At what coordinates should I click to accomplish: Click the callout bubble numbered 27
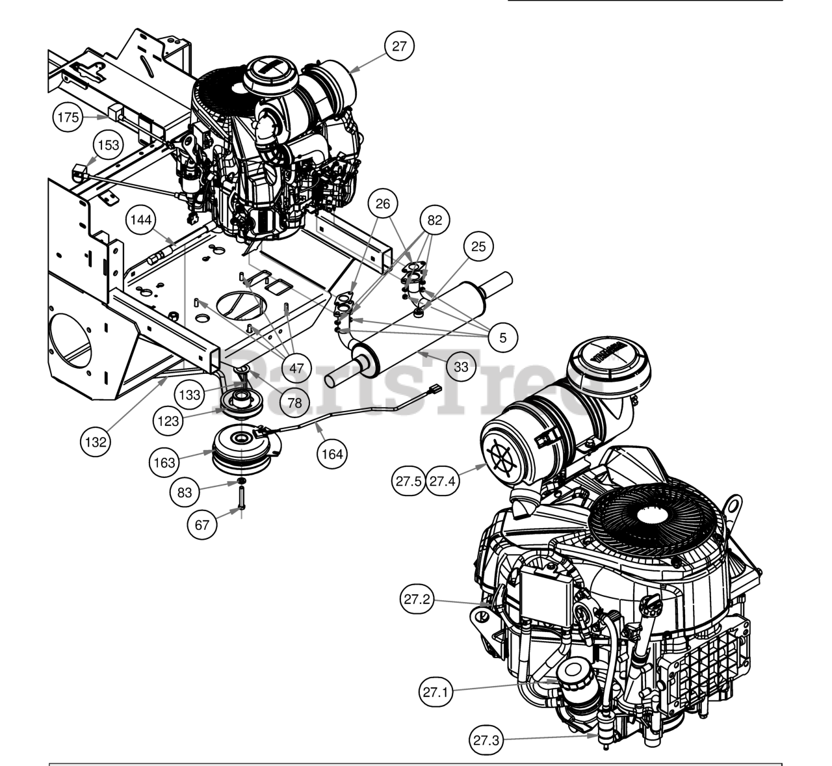click(399, 46)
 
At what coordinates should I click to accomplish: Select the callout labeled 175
click(68, 118)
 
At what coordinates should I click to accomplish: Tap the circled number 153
click(109, 145)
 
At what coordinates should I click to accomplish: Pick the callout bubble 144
click(141, 220)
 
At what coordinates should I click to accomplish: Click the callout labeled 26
click(383, 204)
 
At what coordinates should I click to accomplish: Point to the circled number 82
click(435, 220)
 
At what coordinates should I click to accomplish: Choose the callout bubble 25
click(478, 246)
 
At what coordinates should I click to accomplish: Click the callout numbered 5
click(502, 337)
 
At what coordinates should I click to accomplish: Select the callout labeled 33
click(461, 367)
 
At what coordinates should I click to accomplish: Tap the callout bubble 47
click(296, 368)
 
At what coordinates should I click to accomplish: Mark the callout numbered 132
click(96, 442)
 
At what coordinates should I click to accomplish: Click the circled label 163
click(164, 462)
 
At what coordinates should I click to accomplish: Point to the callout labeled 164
click(332, 454)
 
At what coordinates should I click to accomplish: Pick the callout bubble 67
click(202, 523)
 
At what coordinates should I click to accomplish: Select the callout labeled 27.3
click(486, 740)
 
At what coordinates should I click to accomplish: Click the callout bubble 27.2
click(416, 600)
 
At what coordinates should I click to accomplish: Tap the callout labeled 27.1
click(435, 693)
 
